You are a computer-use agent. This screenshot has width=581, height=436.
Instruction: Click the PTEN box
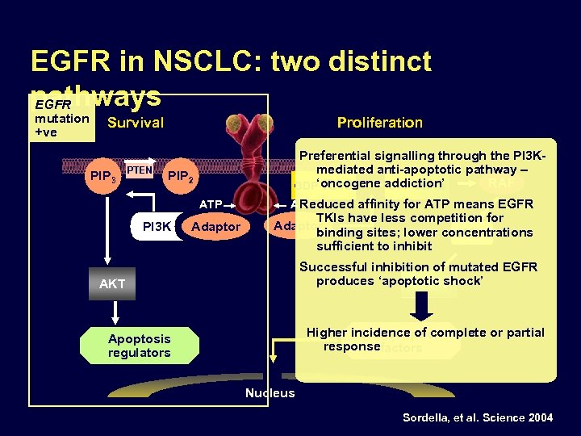(140, 170)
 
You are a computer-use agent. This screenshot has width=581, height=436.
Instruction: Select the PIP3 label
(104, 175)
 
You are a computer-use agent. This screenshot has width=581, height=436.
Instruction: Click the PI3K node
(157, 227)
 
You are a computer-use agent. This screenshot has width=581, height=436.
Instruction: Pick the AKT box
(112, 284)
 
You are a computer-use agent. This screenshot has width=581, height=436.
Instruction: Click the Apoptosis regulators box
(139, 346)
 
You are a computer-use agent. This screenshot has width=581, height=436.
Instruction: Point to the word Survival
(135, 123)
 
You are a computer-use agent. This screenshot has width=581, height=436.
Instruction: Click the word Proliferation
(379, 123)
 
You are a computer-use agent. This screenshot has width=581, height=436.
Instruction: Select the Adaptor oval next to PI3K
(215, 227)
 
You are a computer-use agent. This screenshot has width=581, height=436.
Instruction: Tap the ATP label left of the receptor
(211, 204)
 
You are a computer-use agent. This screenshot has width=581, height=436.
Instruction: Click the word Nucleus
(270, 393)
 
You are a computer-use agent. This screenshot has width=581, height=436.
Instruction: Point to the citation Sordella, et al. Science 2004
(478, 417)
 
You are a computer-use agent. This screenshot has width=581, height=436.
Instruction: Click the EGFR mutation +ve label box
(61, 119)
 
